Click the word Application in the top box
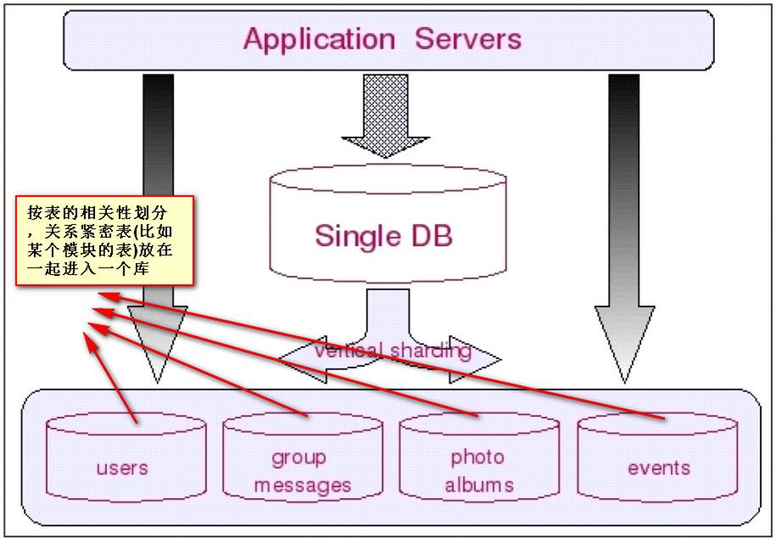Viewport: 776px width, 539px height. tap(319, 39)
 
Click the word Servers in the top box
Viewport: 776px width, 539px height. tap(468, 39)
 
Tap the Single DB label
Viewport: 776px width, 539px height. tap(384, 234)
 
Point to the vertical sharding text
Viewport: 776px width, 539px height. tap(392, 350)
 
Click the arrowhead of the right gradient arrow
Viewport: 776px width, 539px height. tap(625, 340)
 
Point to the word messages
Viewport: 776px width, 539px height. tap(302, 486)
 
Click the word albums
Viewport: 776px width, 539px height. tap(479, 485)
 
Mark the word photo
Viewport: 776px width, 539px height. tap(477, 458)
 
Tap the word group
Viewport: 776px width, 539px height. tap(299, 458)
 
